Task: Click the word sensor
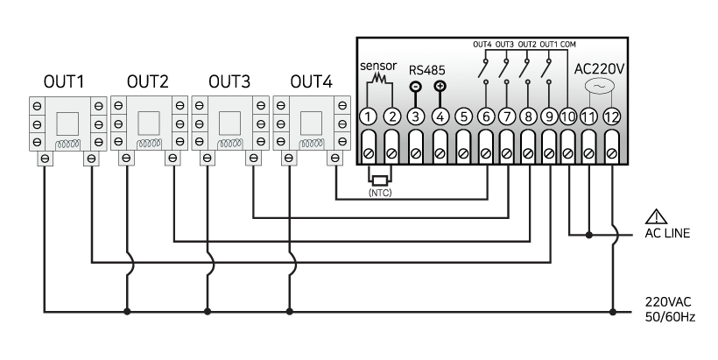(378, 67)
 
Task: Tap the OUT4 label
(482, 45)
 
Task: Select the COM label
(568, 45)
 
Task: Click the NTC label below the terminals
(380, 192)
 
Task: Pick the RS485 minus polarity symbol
(416, 88)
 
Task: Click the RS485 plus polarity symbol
(440, 87)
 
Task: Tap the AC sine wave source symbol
(598, 88)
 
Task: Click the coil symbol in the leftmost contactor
(67, 145)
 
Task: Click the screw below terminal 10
(567, 155)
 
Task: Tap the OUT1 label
(549, 45)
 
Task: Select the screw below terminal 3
(416, 155)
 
